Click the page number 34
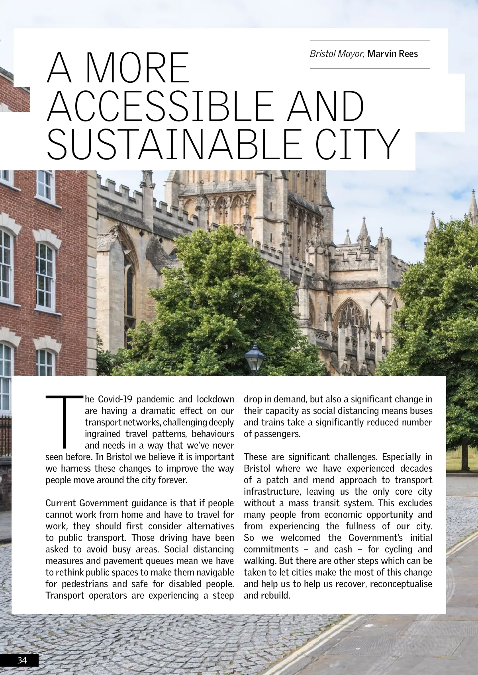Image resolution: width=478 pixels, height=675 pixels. (22, 660)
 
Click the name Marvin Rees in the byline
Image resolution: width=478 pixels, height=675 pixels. (392, 54)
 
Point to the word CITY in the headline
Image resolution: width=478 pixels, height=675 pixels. (355, 144)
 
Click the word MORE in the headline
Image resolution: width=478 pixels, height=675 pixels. (137, 68)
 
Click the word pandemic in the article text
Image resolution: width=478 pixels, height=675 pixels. (157, 399)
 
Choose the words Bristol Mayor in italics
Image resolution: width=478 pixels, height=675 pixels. (337, 54)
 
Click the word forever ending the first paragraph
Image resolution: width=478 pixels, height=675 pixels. (172, 480)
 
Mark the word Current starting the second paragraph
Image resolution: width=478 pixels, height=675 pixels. (61, 503)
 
